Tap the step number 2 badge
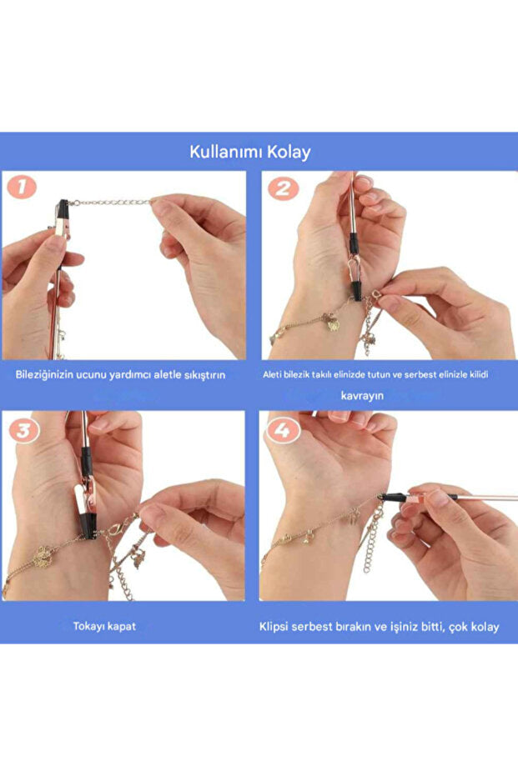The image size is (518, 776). click(x=283, y=188)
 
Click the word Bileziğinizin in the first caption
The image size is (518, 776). click(x=45, y=374)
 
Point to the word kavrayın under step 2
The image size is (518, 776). click(x=362, y=395)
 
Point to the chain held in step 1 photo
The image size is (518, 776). click(x=113, y=202)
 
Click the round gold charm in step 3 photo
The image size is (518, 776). click(x=43, y=554)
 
